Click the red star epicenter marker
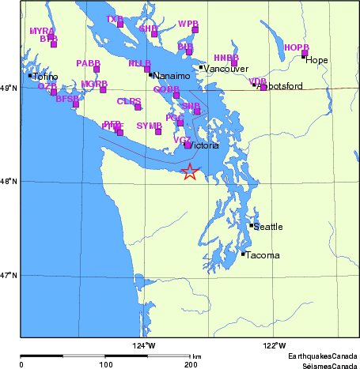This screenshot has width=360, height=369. (x=190, y=171)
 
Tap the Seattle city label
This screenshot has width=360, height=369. (x=267, y=228)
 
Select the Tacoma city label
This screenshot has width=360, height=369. (x=261, y=256)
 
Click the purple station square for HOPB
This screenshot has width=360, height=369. (x=305, y=54)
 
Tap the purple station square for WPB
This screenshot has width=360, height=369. (x=195, y=30)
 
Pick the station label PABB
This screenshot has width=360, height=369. (x=89, y=62)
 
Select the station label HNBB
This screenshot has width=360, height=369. (x=226, y=58)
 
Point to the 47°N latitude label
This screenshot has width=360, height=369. (x=9, y=275)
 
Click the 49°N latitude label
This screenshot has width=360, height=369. (x=9, y=88)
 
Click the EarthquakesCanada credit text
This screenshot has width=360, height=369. (x=321, y=357)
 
